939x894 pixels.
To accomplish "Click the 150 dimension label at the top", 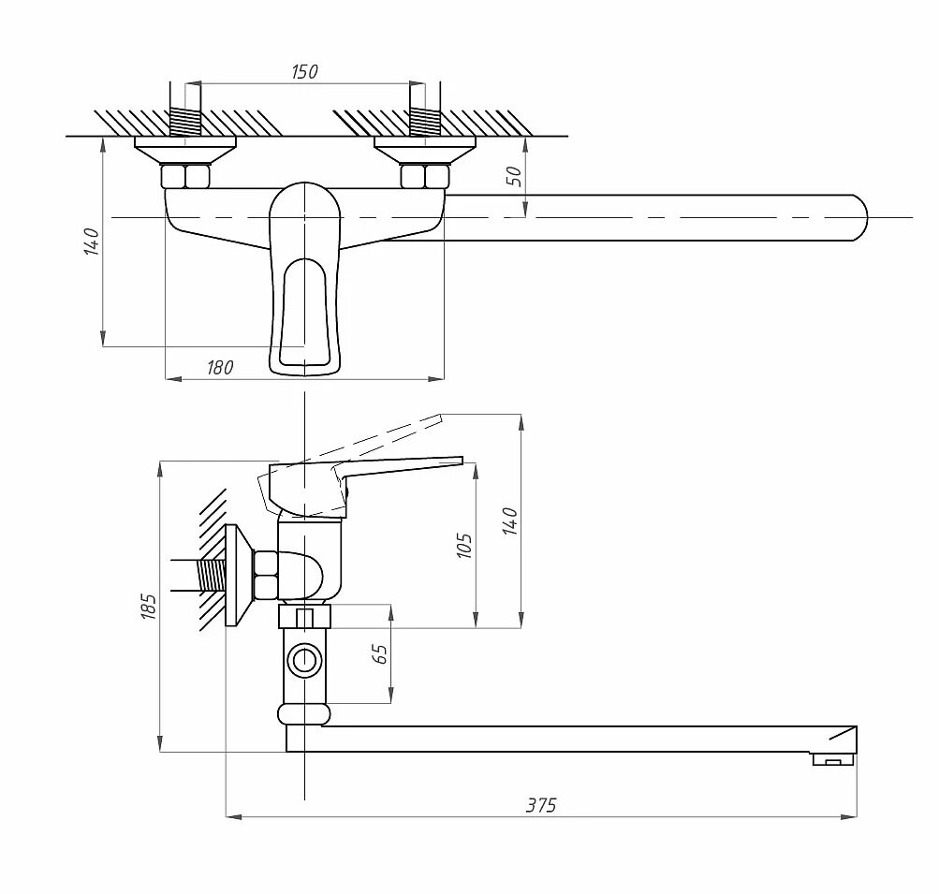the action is (x=304, y=72).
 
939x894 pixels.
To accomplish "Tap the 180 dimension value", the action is (x=219, y=368).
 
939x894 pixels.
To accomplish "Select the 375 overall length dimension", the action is (x=540, y=805).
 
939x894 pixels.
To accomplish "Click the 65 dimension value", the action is (x=380, y=653).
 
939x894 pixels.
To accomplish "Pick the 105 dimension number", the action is (x=463, y=546).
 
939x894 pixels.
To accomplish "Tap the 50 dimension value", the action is (x=513, y=177).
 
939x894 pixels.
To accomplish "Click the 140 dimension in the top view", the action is (x=91, y=241).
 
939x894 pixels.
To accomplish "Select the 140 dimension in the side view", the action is (x=509, y=520).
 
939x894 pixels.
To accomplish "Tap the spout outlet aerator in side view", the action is (x=832, y=760).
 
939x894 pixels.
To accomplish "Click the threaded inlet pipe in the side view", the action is (x=212, y=574).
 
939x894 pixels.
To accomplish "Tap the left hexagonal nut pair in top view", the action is (x=185, y=176).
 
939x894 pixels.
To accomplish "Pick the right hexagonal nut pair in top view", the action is (x=425, y=176).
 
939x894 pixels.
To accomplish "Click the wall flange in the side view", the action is (x=239, y=576).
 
